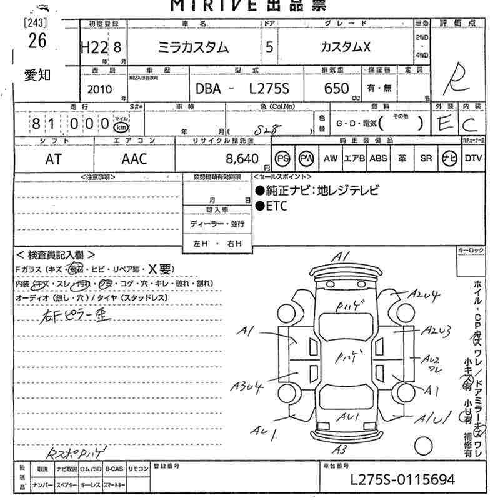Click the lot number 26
click(37, 41)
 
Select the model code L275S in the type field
click(269, 89)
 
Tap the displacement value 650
click(337, 89)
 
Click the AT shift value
click(54, 159)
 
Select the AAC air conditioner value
click(134, 159)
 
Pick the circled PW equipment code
click(306, 158)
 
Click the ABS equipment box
click(378, 158)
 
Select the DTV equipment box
click(473, 158)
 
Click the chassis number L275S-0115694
click(402, 480)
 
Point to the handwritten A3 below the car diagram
click(339, 449)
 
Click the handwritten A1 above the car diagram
click(341, 257)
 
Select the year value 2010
click(100, 89)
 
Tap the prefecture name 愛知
click(37, 75)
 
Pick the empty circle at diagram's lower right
click(424, 446)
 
